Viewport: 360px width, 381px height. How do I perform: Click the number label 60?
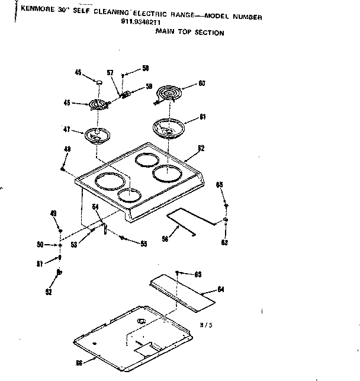tap(202, 84)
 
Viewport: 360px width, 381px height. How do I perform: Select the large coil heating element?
tap(171, 94)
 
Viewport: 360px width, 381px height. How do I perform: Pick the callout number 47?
tap(67, 129)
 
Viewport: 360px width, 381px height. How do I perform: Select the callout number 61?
tap(202, 117)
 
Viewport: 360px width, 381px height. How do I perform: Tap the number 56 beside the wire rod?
tap(165, 239)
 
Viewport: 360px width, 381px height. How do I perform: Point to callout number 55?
tap(143, 243)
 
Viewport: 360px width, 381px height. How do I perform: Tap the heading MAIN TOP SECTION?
tap(189, 33)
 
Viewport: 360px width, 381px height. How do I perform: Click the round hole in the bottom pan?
tap(142, 321)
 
